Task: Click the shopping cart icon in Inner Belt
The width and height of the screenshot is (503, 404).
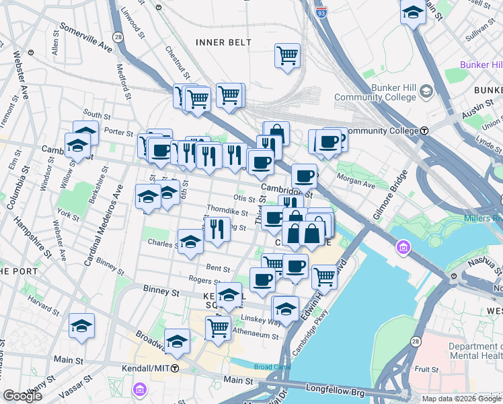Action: pyautogui.click(x=287, y=55)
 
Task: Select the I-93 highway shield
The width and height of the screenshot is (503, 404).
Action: pyautogui.click(x=323, y=11)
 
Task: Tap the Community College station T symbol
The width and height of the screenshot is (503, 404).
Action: pyautogui.click(x=425, y=131)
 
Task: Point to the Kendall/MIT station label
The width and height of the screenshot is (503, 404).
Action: pyautogui.click(x=146, y=368)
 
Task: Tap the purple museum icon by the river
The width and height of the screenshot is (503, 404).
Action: pyautogui.click(x=403, y=249)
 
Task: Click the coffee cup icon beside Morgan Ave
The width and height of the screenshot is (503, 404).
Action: pyautogui.click(x=304, y=176)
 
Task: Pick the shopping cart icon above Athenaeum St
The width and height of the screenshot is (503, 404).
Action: pyautogui.click(x=218, y=329)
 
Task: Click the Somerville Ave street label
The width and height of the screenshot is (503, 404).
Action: pyautogui.click(x=86, y=38)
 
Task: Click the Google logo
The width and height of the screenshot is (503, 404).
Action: pyautogui.click(x=23, y=396)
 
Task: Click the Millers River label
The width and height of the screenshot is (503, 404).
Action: pyautogui.click(x=483, y=219)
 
